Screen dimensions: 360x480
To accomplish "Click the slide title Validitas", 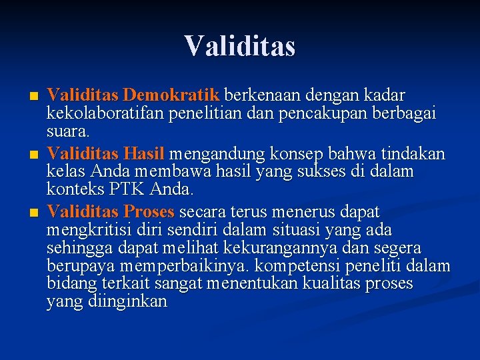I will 240,46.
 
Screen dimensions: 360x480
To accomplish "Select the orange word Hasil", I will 144,154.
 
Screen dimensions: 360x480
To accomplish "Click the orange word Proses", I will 149,212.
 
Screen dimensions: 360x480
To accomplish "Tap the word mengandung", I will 218,154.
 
